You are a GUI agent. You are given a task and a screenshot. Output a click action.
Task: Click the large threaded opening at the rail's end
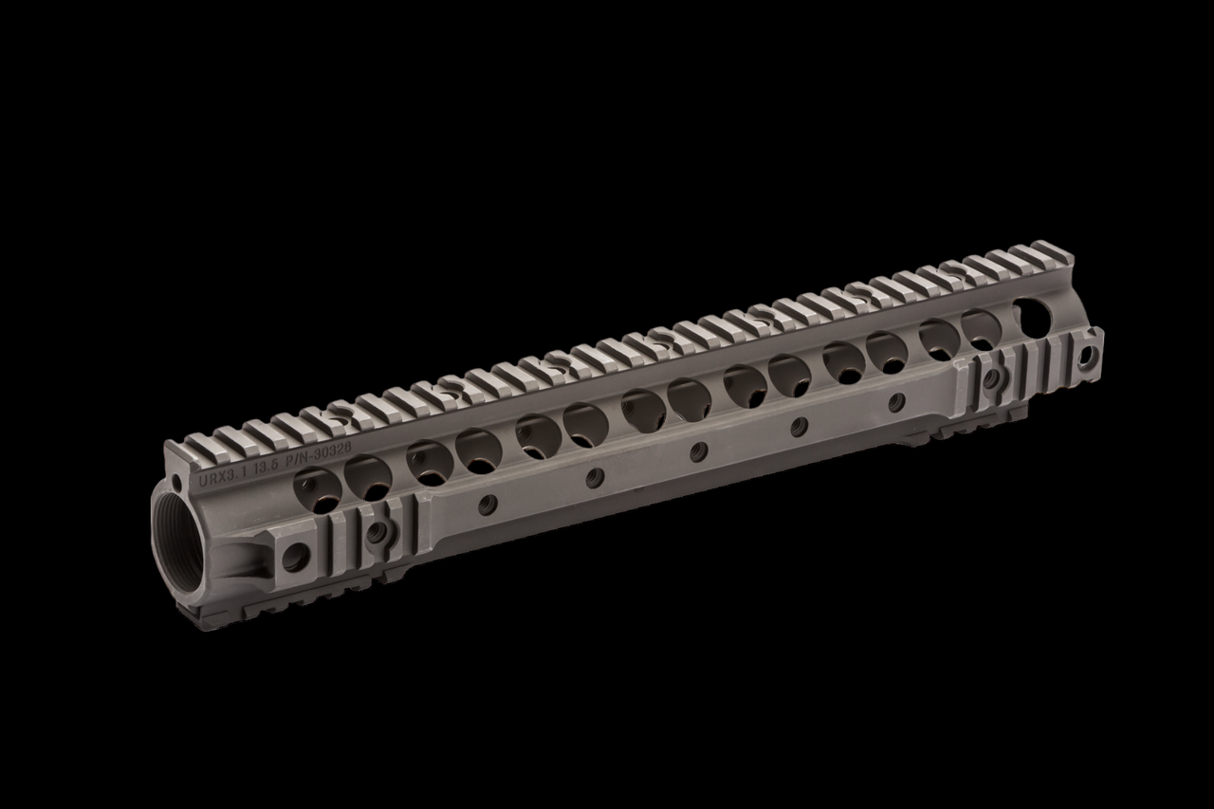click(x=177, y=546)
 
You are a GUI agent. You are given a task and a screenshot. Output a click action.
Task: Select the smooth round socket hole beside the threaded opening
click(x=294, y=557)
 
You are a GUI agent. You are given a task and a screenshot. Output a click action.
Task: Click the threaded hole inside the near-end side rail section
click(x=377, y=534)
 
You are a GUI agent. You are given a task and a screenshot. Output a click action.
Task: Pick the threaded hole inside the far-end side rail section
click(x=992, y=377)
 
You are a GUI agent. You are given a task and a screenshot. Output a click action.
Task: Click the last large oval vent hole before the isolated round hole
click(x=981, y=328)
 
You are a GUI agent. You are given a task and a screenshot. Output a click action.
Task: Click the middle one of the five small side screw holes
click(x=698, y=453)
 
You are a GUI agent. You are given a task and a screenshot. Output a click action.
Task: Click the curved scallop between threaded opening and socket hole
click(x=243, y=555)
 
